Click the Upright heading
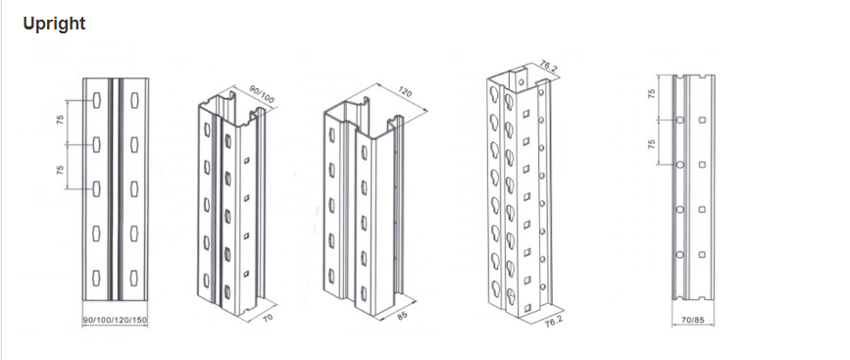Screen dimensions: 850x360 [54, 24]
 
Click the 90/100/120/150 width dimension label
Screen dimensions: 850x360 [115, 321]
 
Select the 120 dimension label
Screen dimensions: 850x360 [405, 91]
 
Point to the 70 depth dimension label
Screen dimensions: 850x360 [269, 318]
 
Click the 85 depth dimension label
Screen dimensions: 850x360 [402, 315]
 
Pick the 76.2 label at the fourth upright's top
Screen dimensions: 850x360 [549, 68]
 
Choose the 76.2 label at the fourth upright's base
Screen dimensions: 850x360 [554, 320]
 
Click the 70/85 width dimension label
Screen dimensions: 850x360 [693, 321]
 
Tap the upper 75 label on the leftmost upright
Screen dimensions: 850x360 [60, 121]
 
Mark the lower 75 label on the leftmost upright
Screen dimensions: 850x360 [60, 169]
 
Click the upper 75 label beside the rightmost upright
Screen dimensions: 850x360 [652, 93]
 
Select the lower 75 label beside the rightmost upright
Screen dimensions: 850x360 [652, 143]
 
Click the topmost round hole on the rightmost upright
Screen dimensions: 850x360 [679, 119]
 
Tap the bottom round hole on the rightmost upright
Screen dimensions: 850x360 [679, 254]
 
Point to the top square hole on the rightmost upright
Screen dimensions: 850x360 [703, 120]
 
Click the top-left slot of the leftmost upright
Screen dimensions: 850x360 [96, 100]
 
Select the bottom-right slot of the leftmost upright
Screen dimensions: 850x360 [134, 278]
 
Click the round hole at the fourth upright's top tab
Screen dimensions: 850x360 [521, 82]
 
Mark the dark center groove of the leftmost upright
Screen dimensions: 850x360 [115, 189]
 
